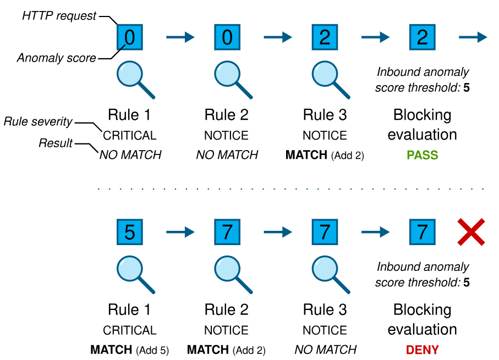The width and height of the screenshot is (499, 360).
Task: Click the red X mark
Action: tap(471, 232)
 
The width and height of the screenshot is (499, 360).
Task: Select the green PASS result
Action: tap(423, 155)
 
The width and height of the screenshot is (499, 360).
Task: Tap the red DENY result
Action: tap(423, 350)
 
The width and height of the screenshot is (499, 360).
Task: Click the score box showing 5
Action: tap(129, 232)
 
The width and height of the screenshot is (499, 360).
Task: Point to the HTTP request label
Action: tap(59, 15)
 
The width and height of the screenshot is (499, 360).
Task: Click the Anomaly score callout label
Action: tap(56, 58)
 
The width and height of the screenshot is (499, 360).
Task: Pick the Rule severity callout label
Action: tap(38, 121)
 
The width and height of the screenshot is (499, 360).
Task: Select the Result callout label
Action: tap(56, 143)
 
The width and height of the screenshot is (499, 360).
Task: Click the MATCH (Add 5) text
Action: tap(129, 350)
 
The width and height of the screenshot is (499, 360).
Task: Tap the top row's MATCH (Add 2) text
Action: tap(325, 155)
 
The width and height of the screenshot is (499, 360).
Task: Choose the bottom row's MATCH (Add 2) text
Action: tap(226, 350)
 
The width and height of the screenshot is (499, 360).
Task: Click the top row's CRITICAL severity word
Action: tap(129, 136)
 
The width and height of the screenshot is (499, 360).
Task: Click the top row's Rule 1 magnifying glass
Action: tap(136, 80)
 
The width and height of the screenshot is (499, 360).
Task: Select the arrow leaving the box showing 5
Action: tap(180, 232)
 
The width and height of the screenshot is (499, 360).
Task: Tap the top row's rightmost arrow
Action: tap(473, 37)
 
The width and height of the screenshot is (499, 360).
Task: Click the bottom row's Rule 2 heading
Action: tap(226, 310)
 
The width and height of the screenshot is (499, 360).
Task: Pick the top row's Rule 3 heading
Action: tap(325, 115)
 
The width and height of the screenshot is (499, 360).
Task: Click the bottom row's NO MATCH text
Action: tap(325, 350)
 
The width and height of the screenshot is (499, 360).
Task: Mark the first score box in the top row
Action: tap(129, 37)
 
